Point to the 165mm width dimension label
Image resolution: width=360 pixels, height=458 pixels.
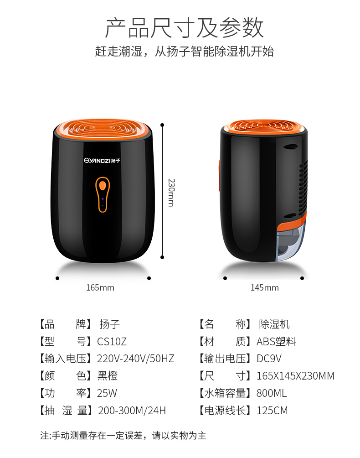(x=100, y=288)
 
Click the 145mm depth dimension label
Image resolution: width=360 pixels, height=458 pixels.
(x=264, y=288)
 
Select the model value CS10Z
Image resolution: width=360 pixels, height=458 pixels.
(x=112, y=342)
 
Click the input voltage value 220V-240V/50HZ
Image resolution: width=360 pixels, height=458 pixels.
(x=136, y=359)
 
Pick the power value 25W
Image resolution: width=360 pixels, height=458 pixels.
(x=107, y=393)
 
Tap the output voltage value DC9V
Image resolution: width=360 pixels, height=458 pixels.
(x=269, y=359)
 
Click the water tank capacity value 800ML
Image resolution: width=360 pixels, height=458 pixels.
(x=272, y=393)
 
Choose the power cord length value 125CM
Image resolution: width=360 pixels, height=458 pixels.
(x=272, y=411)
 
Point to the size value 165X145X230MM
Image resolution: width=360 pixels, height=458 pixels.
(x=295, y=376)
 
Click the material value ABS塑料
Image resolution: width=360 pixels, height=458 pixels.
(x=276, y=342)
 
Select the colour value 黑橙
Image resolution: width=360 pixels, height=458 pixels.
(x=108, y=376)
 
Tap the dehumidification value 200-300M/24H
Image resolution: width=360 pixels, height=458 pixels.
(x=132, y=411)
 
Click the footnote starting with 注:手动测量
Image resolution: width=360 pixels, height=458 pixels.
(x=123, y=436)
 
